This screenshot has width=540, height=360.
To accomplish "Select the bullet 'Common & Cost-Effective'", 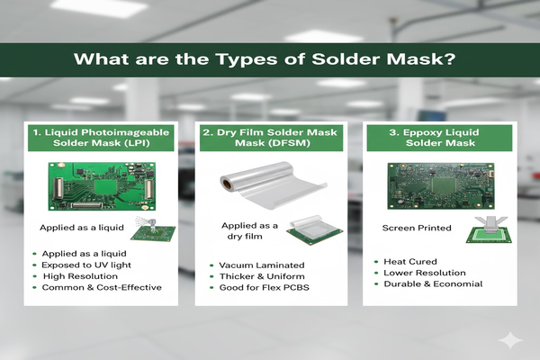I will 97,287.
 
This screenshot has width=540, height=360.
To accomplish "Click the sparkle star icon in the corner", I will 513,339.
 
